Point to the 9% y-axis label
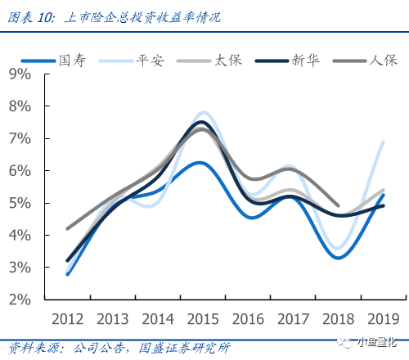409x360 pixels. (20, 74)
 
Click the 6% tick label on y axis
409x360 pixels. (20, 171)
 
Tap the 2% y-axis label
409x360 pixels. (20, 299)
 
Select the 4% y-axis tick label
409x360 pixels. (20, 235)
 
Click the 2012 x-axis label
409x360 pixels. (68, 319)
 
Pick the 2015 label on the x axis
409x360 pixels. (203, 319)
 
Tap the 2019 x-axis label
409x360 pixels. (384, 319)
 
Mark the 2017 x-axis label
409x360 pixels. (293, 319)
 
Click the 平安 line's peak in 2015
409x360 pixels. (204, 112)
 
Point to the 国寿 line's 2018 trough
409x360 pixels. (339, 258)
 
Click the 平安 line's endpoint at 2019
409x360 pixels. (384, 142)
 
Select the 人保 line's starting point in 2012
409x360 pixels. (68, 228)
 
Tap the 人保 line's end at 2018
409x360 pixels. (339, 205)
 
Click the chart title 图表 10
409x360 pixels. (31, 18)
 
